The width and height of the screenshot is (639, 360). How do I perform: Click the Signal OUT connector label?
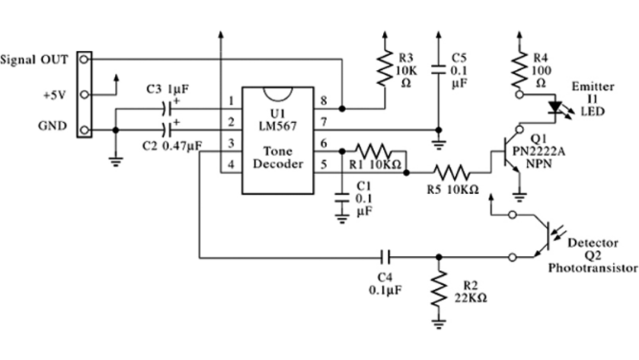(34, 60)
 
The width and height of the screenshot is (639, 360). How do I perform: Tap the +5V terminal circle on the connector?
(85, 95)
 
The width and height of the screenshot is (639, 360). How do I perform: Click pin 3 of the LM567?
(231, 144)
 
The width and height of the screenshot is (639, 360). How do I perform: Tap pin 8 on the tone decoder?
(324, 101)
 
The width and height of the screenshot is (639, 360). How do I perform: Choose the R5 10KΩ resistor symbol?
(451, 173)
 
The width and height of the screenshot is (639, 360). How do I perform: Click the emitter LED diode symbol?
(554, 108)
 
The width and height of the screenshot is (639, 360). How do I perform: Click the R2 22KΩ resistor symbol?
(438, 290)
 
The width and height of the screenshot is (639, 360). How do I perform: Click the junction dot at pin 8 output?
(341, 109)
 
